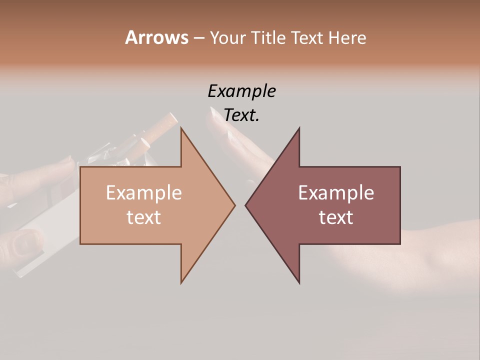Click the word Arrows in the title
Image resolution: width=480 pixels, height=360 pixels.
coord(156,37)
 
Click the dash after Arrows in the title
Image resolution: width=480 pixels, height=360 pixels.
coord(198,38)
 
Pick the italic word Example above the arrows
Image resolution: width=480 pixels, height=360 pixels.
coord(241,91)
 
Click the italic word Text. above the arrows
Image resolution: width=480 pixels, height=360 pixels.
coord(241,115)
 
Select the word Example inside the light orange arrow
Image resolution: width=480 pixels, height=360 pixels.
coord(144,193)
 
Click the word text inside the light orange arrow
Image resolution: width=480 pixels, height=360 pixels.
coord(144,217)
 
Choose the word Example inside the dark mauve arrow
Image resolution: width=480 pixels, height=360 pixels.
coord(336,193)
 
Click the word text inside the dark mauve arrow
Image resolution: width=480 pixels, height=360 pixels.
coord(336,217)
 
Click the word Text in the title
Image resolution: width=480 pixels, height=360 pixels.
coord(306,37)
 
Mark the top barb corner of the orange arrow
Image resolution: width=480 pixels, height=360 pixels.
coord(181,128)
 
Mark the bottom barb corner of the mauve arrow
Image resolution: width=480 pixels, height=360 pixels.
coord(299,283)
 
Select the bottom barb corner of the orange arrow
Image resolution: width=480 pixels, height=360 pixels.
coord(181,282)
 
